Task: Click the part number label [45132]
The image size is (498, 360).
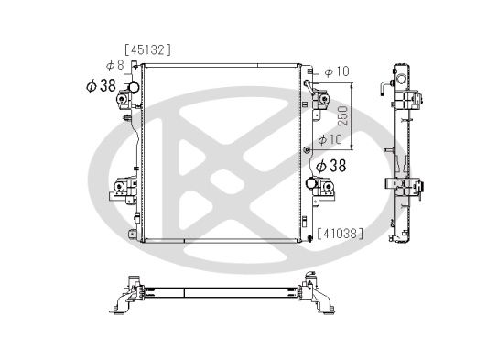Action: coord(148,49)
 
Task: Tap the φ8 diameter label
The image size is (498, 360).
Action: coord(114,65)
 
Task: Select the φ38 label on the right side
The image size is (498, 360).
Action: coord(330,166)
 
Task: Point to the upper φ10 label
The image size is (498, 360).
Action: coord(337,71)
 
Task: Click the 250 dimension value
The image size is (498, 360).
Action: coord(342,115)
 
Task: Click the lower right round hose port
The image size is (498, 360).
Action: coord(312,185)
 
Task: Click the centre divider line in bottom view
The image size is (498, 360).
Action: coord(184,293)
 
